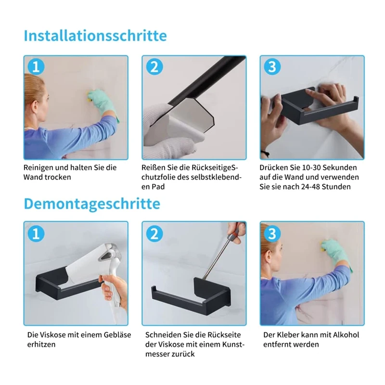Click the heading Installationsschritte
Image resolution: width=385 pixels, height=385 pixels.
click(x=95, y=36)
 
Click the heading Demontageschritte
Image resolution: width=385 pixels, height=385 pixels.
click(x=92, y=204)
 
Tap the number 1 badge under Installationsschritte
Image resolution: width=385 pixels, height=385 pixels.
click(x=36, y=66)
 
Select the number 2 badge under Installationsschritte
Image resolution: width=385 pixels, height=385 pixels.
click(x=154, y=66)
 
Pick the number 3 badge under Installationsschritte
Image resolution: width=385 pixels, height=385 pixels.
click(x=272, y=66)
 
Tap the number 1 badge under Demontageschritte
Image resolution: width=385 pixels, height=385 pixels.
click(x=36, y=233)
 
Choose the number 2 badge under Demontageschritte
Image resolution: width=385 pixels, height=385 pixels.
click(x=154, y=233)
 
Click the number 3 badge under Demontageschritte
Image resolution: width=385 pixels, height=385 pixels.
click(x=272, y=233)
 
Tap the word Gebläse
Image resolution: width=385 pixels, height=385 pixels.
click(x=117, y=334)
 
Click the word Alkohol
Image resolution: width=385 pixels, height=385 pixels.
click(x=346, y=334)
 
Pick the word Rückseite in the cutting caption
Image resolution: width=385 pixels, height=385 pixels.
click(x=224, y=334)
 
